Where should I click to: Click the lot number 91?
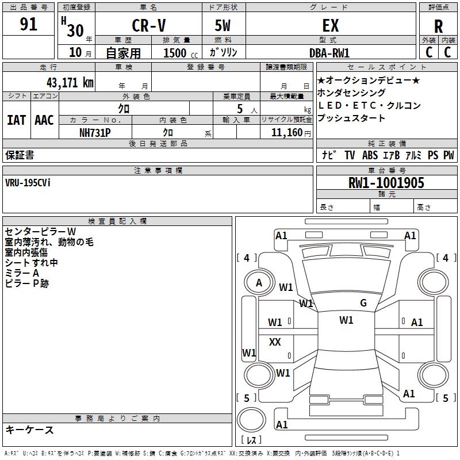tap(28, 25)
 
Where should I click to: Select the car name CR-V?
tap(148, 26)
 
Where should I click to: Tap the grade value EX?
tap(330, 26)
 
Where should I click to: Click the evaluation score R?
tap(438, 26)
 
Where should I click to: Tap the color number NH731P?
tap(95, 132)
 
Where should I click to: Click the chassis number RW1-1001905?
tap(386, 183)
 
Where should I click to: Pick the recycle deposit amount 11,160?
tap(286, 132)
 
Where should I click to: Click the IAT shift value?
tap(16, 120)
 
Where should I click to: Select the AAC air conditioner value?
tap(44, 120)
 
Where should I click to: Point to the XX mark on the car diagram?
tap(275, 342)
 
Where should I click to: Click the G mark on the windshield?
tap(363, 303)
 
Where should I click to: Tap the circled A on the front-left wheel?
tap(259, 283)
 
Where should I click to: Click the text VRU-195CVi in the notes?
tap(28, 183)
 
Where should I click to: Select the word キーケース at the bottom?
tap(29, 430)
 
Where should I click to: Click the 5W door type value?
tap(223, 26)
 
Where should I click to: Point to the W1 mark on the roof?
tap(346, 320)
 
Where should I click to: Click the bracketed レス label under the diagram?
tap(251, 441)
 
